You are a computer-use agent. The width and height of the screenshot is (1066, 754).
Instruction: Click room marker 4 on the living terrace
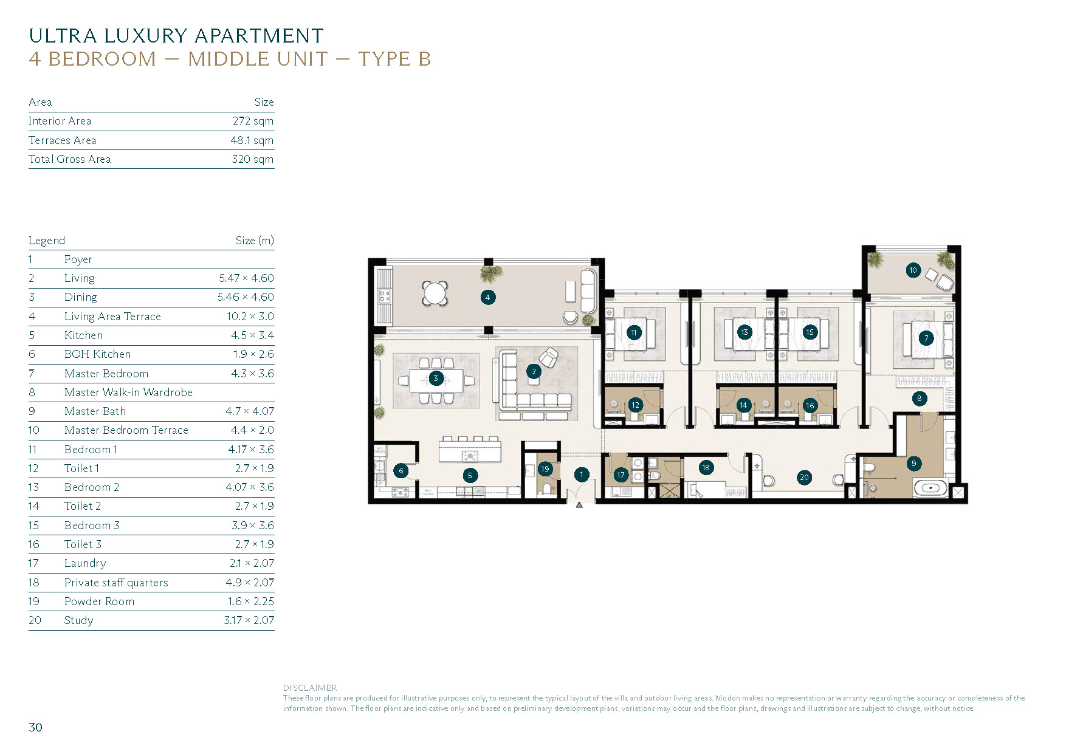[487, 297]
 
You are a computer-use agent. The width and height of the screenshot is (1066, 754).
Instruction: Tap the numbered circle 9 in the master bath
[913, 464]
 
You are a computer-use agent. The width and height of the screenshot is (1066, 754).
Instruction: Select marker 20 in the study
[804, 478]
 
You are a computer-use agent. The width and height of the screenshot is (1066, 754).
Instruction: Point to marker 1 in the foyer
[582, 475]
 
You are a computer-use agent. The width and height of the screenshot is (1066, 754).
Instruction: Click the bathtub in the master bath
[930, 488]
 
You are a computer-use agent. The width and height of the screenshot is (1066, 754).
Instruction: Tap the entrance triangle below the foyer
[579, 504]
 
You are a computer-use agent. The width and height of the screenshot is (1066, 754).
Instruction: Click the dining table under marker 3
[436, 380]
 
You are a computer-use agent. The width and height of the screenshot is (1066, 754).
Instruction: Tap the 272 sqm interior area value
[253, 121]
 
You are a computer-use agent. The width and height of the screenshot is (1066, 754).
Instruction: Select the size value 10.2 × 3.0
[250, 316]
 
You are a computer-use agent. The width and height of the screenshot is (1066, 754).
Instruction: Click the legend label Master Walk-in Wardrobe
[128, 392]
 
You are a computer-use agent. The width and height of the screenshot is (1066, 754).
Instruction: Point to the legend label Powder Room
[99, 601]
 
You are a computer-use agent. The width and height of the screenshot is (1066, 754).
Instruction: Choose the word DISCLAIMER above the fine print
[310, 688]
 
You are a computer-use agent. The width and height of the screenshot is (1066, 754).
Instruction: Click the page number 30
[36, 727]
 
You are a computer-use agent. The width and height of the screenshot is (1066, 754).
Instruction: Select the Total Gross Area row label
[69, 159]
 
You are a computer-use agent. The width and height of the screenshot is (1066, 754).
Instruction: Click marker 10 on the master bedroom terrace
[913, 270]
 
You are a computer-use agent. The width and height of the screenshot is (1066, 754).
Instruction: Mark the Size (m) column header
[255, 241]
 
